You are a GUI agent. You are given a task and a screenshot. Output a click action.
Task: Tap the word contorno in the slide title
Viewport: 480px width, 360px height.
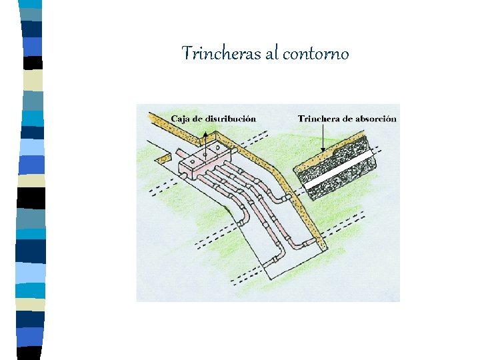[315, 54]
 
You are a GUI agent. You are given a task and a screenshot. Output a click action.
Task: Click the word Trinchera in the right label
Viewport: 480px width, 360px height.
[318, 119]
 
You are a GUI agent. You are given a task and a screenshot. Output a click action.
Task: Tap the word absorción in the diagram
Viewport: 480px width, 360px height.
[374, 119]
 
